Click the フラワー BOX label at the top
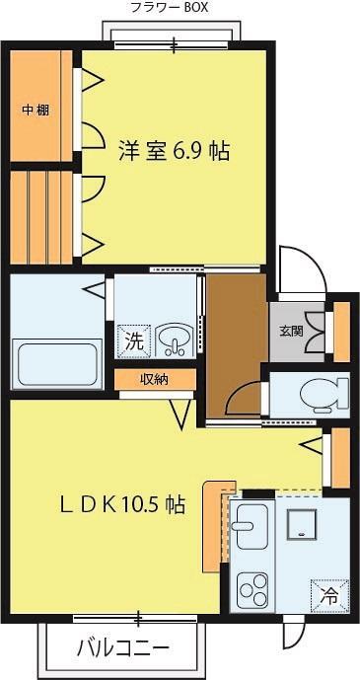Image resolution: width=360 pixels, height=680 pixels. pos(169,8)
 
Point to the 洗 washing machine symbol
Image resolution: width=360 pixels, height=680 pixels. pos(131,341)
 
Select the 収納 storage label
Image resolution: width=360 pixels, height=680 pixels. pos(153,378)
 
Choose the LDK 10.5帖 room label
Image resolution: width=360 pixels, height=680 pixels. pos(114,504)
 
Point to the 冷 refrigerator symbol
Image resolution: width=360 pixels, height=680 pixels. pos(327,593)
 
